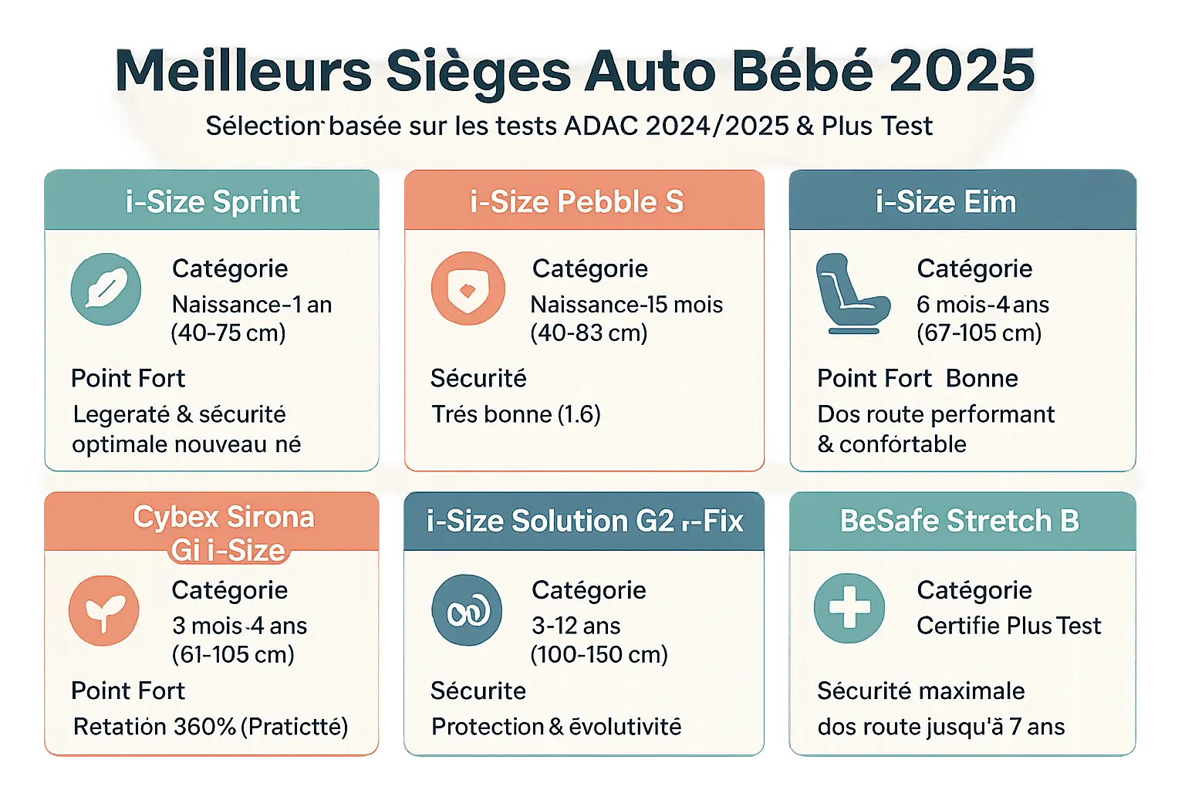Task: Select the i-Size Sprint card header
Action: (212, 201)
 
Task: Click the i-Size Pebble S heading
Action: (577, 201)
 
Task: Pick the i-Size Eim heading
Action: (946, 201)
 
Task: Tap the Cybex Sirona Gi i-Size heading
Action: (224, 533)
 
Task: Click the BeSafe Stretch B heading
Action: (959, 522)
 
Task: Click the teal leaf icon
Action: (106, 289)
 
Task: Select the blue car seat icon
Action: (850, 294)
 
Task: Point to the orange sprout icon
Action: (104, 610)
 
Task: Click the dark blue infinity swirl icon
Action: (467, 610)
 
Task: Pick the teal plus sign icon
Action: (849, 608)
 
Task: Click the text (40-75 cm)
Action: (228, 333)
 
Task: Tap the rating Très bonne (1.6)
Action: (515, 414)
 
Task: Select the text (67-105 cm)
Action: (979, 333)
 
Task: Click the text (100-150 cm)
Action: (599, 655)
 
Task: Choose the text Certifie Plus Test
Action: (1008, 626)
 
